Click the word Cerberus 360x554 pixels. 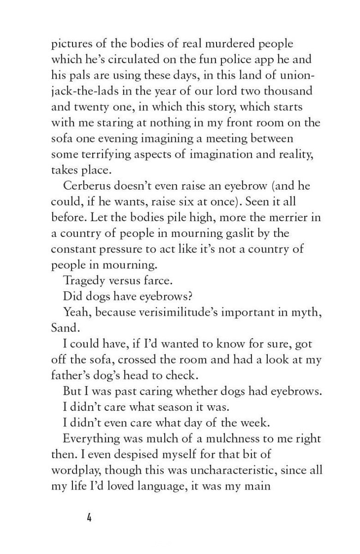click(85, 186)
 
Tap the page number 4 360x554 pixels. click(89, 517)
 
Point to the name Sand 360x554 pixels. click(62, 327)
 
